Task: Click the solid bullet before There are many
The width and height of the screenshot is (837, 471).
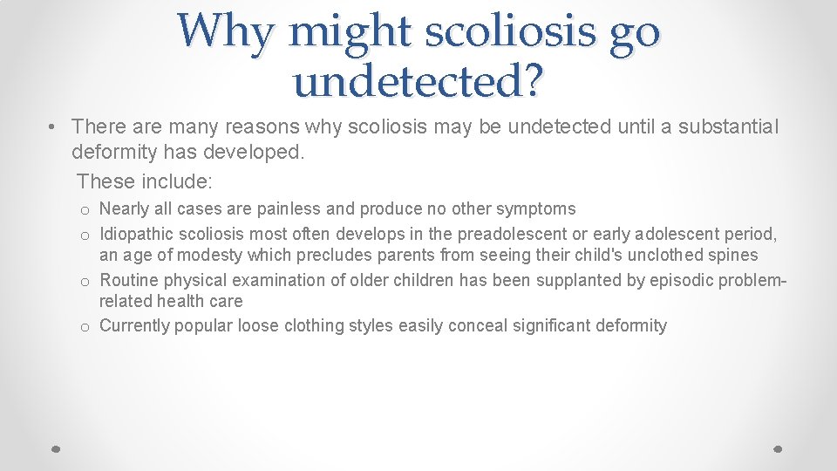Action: click(x=54, y=127)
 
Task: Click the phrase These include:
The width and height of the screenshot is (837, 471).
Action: click(x=145, y=181)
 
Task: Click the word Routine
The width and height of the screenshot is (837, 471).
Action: click(x=129, y=281)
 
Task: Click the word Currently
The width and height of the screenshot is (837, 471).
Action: click(x=134, y=326)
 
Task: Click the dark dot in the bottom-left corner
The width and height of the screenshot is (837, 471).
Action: click(x=55, y=448)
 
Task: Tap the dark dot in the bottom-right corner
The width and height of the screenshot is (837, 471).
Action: click(x=779, y=448)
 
